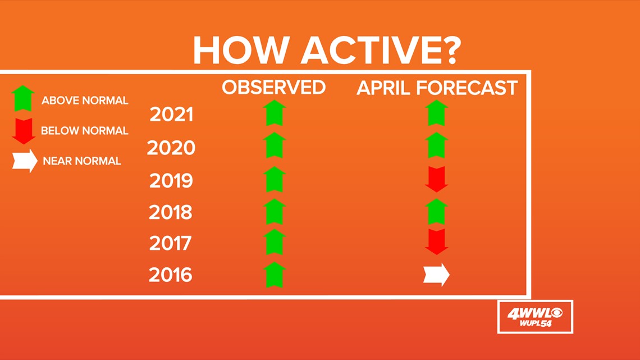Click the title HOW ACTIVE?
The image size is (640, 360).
click(x=327, y=51)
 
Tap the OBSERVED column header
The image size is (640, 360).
click(x=274, y=88)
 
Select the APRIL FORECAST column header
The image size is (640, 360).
click(x=437, y=88)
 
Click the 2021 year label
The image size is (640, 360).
click(x=171, y=114)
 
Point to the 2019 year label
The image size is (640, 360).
click(x=171, y=180)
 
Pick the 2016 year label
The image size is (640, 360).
click(x=170, y=275)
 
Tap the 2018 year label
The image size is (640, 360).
click(x=170, y=212)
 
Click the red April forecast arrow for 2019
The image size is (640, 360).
click(x=437, y=179)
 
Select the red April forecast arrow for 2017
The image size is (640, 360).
click(x=437, y=242)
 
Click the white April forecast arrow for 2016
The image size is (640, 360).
click(x=436, y=275)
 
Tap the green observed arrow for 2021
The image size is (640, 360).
click(x=275, y=113)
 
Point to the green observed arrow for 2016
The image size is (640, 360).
click(x=275, y=275)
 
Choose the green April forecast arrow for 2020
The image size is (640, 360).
click(x=437, y=145)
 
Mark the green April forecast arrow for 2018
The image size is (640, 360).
click(x=437, y=211)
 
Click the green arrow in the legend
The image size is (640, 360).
click(x=23, y=98)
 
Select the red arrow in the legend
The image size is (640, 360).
click(x=24, y=131)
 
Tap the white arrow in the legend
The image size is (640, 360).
click(x=25, y=161)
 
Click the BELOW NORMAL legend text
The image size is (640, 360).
click(x=84, y=131)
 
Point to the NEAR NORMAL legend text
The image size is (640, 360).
click(x=82, y=161)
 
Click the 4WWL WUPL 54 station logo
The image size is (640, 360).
click(x=535, y=317)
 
